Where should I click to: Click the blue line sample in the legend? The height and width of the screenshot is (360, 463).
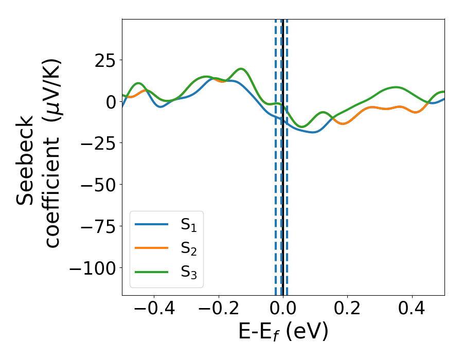151,224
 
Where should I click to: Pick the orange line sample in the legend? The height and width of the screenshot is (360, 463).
151,248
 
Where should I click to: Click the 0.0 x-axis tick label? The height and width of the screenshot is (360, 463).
283,310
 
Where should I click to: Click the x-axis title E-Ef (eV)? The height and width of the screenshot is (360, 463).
283,333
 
